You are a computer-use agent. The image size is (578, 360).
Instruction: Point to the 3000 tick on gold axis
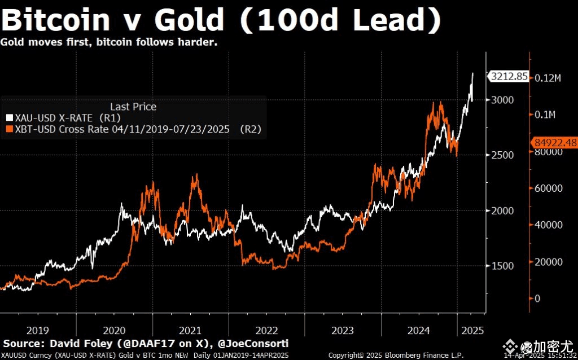pos(502,100)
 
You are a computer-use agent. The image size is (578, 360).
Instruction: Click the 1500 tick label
pos(502,266)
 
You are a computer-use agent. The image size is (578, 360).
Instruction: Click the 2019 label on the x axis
pos(37,330)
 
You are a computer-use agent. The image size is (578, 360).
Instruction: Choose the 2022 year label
pos(266,330)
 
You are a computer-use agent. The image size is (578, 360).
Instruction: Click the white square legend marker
pos(8,118)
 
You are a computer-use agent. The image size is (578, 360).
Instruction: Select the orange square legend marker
pos(8,129)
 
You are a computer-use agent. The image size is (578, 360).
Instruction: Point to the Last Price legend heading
pos(133,107)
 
